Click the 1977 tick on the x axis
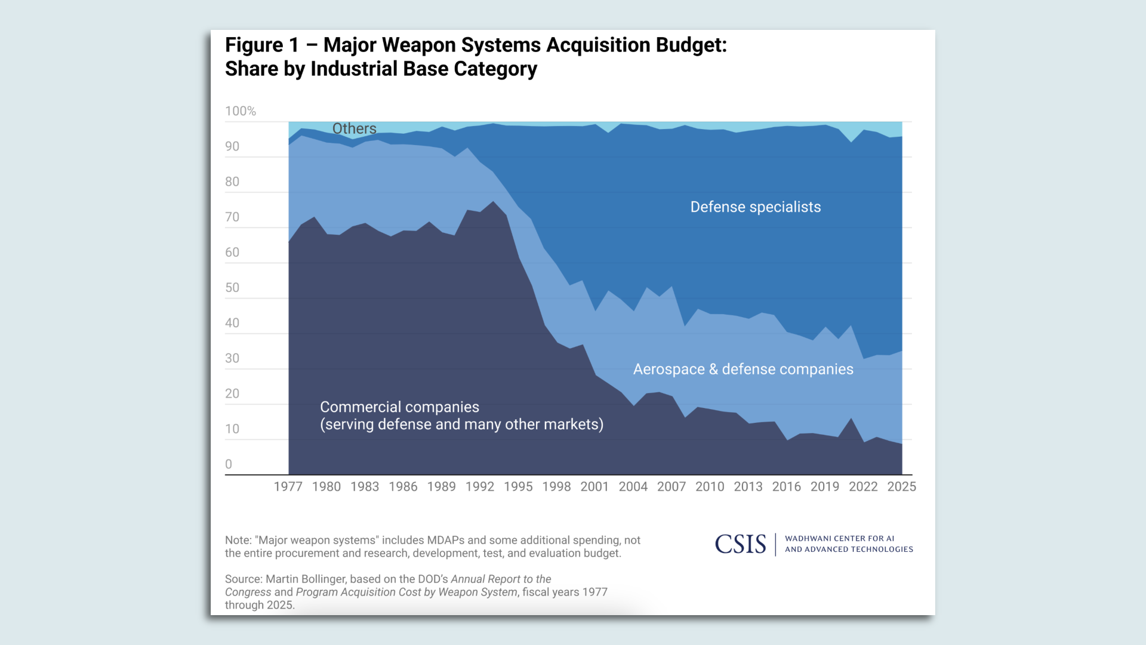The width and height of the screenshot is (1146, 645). [x=288, y=487]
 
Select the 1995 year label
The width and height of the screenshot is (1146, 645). [x=518, y=487]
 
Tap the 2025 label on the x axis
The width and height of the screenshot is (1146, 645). [x=901, y=487]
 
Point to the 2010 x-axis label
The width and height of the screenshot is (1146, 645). [x=710, y=487]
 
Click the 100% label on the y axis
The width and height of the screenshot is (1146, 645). [x=241, y=111]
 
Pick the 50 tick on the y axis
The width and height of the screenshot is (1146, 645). [x=232, y=288]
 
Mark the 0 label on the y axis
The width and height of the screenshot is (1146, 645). [x=229, y=464]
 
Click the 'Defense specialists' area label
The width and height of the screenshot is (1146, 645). [x=756, y=207]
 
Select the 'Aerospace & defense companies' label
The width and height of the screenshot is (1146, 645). [x=743, y=369]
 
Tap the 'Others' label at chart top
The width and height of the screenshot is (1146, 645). [x=354, y=129]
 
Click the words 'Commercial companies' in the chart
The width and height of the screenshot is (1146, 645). [x=399, y=407]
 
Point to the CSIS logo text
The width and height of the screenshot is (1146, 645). [x=740, y=544]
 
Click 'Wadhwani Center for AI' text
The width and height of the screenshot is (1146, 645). [x=839, y=539]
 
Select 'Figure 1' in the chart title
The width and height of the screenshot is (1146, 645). [x=261, y=45]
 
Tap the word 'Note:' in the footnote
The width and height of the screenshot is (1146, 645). [x=238, y=540]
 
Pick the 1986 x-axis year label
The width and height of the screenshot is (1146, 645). [x=403, y=487]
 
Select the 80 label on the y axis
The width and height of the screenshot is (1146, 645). [x=232, y=182]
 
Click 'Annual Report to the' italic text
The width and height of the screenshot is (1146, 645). [x=501, y=579]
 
